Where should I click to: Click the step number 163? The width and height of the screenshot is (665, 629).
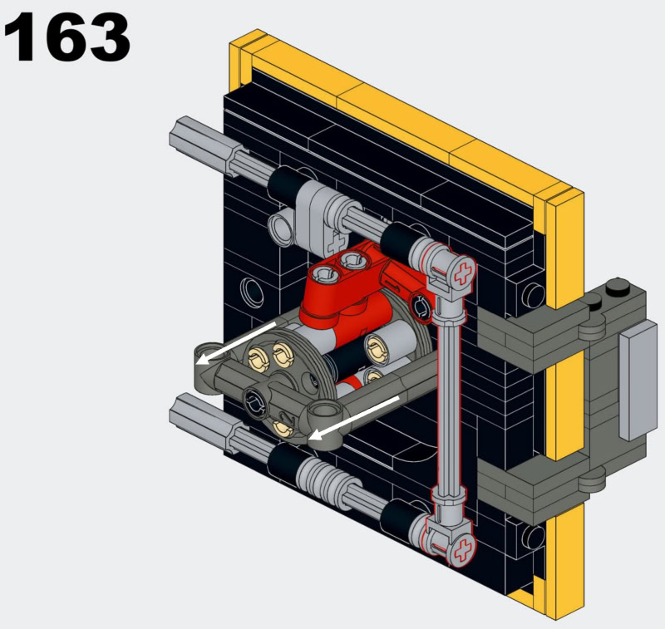pyautogui.click(x=67, y=37)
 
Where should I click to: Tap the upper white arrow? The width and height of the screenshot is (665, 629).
pyautogui.click(x=236, y=342)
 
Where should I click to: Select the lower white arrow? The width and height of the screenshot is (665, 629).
pyautogui.click(x=354, y=418)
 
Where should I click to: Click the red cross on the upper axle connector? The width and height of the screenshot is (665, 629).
pyautogui.click(x=463, y=273)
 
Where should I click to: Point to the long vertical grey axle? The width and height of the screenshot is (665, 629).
pyautogui.click(x=450, y=407)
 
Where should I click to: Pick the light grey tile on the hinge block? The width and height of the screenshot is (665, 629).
pyautogui.click(x=638, y=381)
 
